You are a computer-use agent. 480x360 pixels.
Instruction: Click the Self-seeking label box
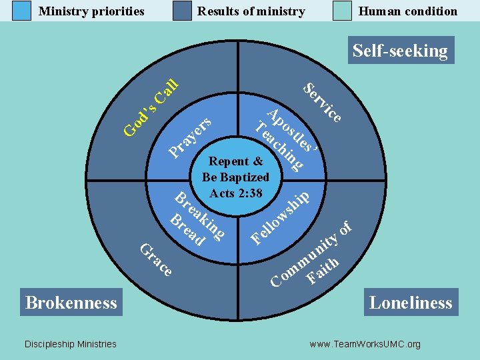400,51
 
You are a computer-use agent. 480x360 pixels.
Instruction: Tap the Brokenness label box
71,302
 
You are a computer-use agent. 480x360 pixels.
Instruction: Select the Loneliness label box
411,302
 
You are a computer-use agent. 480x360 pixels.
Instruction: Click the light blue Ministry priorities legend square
22,11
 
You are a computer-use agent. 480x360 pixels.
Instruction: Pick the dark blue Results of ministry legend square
182,11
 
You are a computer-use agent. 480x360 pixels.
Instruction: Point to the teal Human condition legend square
342,11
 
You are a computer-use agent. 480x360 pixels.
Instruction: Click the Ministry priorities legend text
91,11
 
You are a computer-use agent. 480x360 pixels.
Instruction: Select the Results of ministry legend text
251,11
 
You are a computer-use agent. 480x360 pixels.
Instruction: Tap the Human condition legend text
408,11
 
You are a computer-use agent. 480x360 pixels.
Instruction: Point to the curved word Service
323,102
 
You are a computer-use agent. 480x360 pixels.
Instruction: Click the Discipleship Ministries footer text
70,344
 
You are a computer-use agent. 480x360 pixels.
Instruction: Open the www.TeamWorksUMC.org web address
365,344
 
